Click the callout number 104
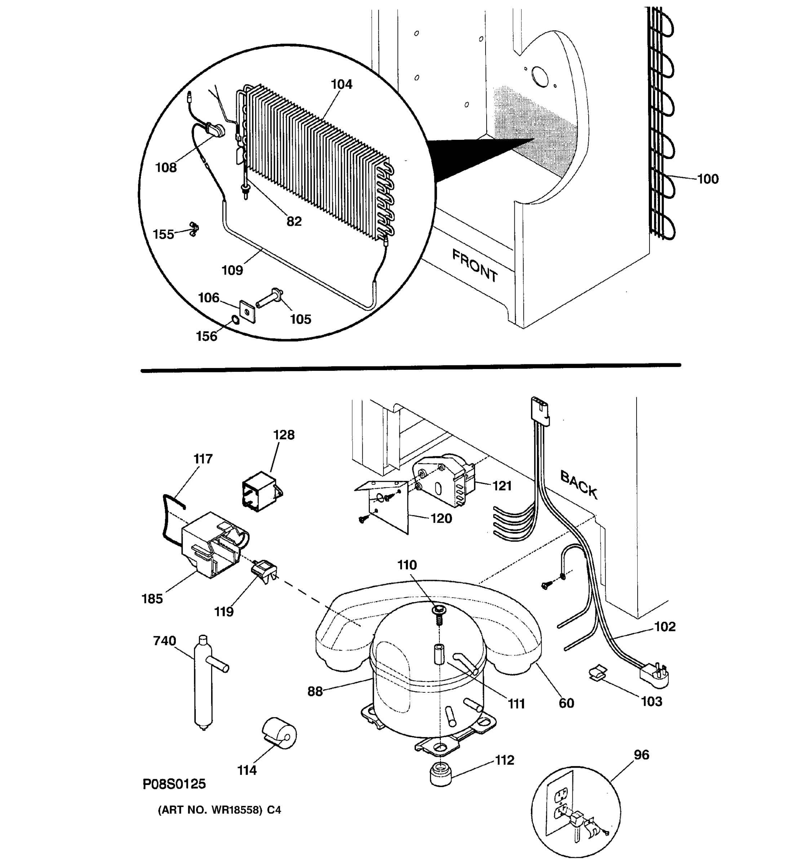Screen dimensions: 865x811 pyautogui.click(x=342, y=84)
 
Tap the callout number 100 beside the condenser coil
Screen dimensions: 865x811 pyautogui.click(x=708, y=179)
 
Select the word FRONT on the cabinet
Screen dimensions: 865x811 pyautogui.click(x=474, y=265)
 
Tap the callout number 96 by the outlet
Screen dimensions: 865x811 pyautogui.click(x=641, y=755)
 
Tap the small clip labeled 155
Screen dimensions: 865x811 pyautogui.click(x=193, y=229)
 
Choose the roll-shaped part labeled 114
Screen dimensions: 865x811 pyautogui.click(x=279, y=733)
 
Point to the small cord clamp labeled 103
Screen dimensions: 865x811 pyautogui.click(x=598, y=672)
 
